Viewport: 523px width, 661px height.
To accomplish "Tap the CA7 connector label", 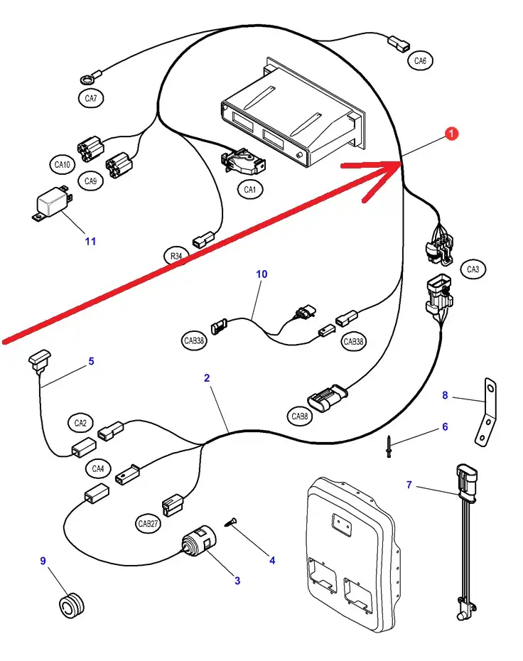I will pyautogui.click(x=91, y=99).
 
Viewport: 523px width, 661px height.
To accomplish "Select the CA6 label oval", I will pyautogui.click(x=421, y=61).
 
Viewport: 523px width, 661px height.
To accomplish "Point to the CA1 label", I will pyautogui.click(x=249, y=190).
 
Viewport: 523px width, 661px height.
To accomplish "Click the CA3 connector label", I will pyautogui.click(x=473, y=269).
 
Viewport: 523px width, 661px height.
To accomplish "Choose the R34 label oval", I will pyautogui.click(x=176, y=256).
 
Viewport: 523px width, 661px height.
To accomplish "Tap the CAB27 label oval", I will pyautogui.click(x=149, y=524).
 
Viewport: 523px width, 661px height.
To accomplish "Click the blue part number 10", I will pyautogui.click(x=261, y=274).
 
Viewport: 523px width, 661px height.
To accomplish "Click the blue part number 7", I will pyautogui.click(x=409, y=485).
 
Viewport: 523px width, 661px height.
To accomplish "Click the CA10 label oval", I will pyautogui.click(x=63, y=165).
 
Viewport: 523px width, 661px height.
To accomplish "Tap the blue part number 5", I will pyautogui.click(x=91, y=361).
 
